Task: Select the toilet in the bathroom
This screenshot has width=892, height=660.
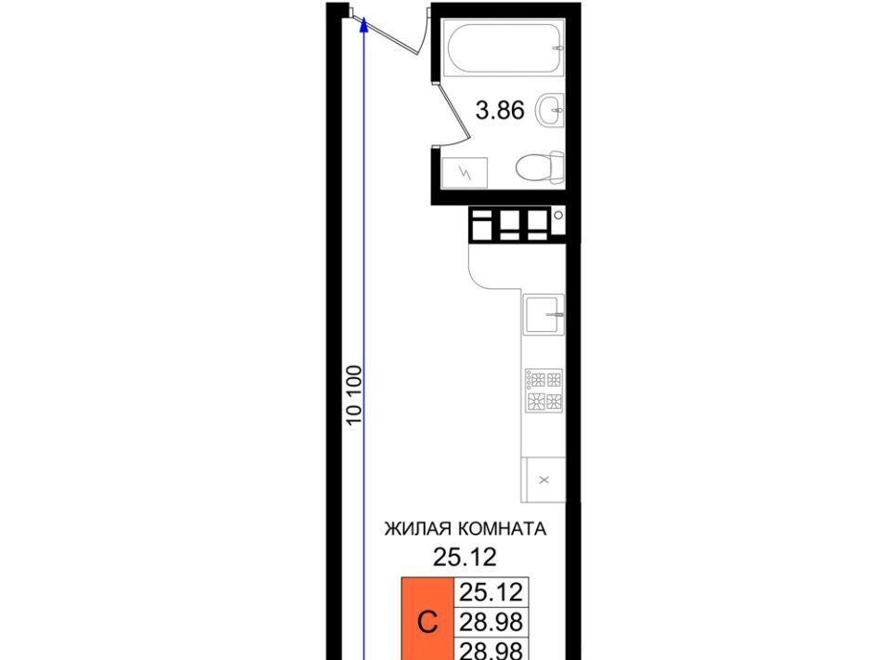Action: pyautogui.click(x=541, y=168)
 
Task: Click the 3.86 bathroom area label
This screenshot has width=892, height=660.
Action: pyautogui.click(x=500, y=110)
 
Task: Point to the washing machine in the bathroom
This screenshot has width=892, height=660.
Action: pyautogui.click(x=465, y=172)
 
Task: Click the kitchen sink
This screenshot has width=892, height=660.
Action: pyautogui.click(x=544, y=313)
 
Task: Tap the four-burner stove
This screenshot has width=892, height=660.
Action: pyautogui.click(x=544, y=390)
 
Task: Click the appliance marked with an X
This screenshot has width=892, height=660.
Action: pyautogui.click(x=544, y=480)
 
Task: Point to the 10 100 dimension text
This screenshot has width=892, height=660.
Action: pyautogui.click(x=354, y=395)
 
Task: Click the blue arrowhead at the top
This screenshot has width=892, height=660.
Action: pyautogui.click(x=364, y=25)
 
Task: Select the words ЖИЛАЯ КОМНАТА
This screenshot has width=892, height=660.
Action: pyautogui.click(x=466, y=529)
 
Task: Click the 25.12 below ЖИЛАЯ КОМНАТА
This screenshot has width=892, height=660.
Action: pyautogui.click(x=465, y=557)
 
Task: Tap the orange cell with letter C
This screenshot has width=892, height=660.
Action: pyautogui.click(x=427, y=619)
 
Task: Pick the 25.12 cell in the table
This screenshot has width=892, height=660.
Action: pyautogui.click(x=491, y=592)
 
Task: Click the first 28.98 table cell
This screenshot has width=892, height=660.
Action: pyautogui.click(x=491, y=622)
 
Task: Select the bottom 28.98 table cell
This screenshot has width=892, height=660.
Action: pyautogui.click(x=491, y=649)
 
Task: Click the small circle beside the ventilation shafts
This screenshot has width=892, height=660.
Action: pyautogui.click(x=558, y=215)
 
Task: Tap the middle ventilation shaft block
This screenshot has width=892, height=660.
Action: pyautogui.click(x=509, y=225)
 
